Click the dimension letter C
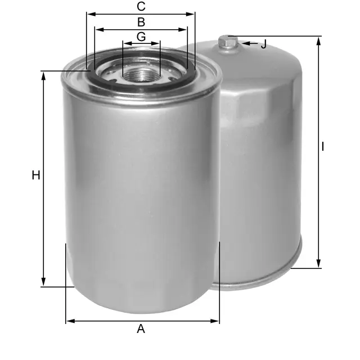[x=141, y=6]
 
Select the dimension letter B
[x=141, y=22]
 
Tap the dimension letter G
[x=141, y=37]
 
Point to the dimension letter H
[x=36, y=175]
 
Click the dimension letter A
[x=141, y=328]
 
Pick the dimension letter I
[x=323, y=147]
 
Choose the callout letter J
[x=264, y=44]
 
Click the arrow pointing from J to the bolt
[x=250, y=43]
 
